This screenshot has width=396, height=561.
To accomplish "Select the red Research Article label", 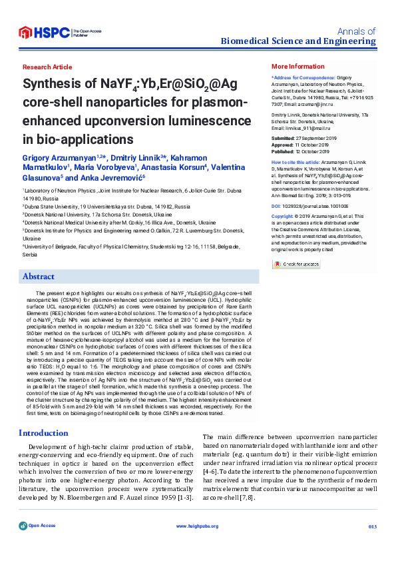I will point(47,67).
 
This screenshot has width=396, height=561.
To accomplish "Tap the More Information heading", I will point(297,67).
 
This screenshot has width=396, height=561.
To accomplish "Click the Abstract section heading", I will point(38,276).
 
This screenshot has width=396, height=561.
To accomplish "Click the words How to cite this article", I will point(293,162).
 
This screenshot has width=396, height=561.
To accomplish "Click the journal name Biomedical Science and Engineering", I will point(298,41).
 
